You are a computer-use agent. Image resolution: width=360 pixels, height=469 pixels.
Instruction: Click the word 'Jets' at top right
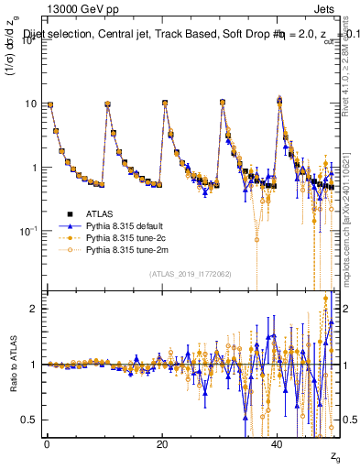326,8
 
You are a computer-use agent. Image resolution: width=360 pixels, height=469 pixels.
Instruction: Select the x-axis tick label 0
47,442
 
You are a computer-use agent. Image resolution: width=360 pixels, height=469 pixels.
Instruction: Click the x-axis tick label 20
161,442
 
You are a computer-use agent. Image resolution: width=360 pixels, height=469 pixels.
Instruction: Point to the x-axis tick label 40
277,442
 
